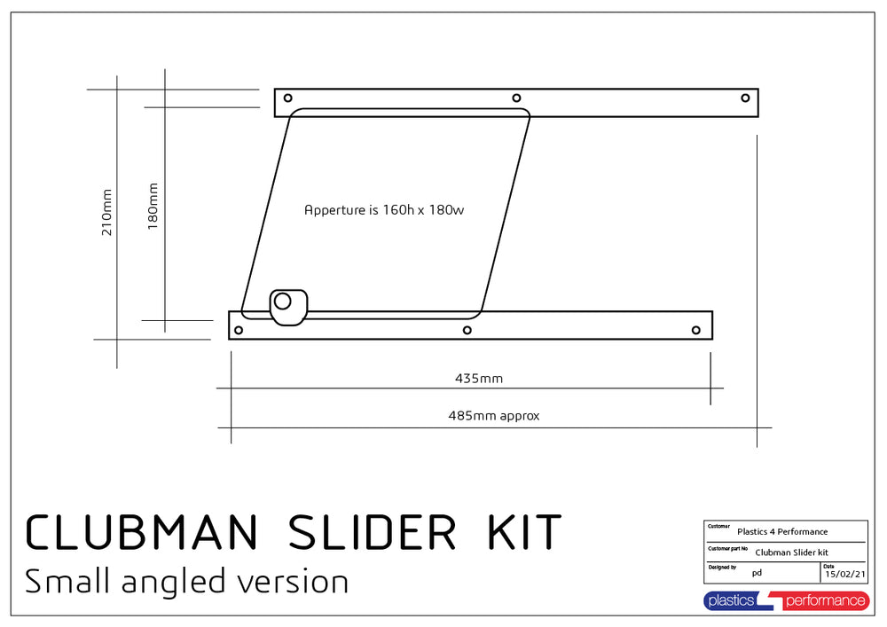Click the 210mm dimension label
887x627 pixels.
(x=106, y=213)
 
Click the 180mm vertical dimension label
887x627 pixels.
(x=153, y=207)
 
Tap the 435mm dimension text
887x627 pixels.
(x=479, y=378)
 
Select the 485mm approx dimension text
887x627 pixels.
(x=494, y=416)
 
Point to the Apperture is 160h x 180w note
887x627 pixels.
(x=384, y=210)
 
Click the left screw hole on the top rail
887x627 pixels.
(x=288, y=98)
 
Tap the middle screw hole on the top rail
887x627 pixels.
(x=516, y=98)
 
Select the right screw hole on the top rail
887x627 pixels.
(x=746, y=98)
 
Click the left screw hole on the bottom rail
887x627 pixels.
(x=239, y=330)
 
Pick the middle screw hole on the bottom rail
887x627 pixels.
(x=467, y=330)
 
